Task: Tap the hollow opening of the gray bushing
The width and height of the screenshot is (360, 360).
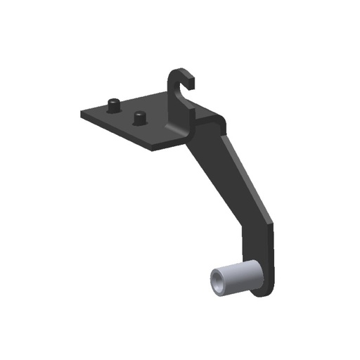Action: (x=218, y=281)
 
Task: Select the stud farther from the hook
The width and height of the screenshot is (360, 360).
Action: (x=112, y=105)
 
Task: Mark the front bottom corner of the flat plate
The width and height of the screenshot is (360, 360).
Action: (x=150, y=149)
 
